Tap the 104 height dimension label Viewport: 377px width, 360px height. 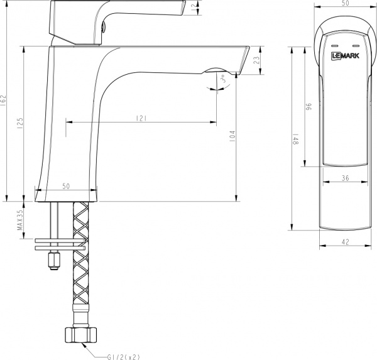(x=232, y=136)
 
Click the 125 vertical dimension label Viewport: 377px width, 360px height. (x=21, y=123)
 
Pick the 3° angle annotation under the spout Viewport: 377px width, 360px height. (x=222, y=80)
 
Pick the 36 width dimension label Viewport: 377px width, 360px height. (x=345, y=178)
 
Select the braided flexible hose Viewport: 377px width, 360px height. (x=80, y=264)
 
